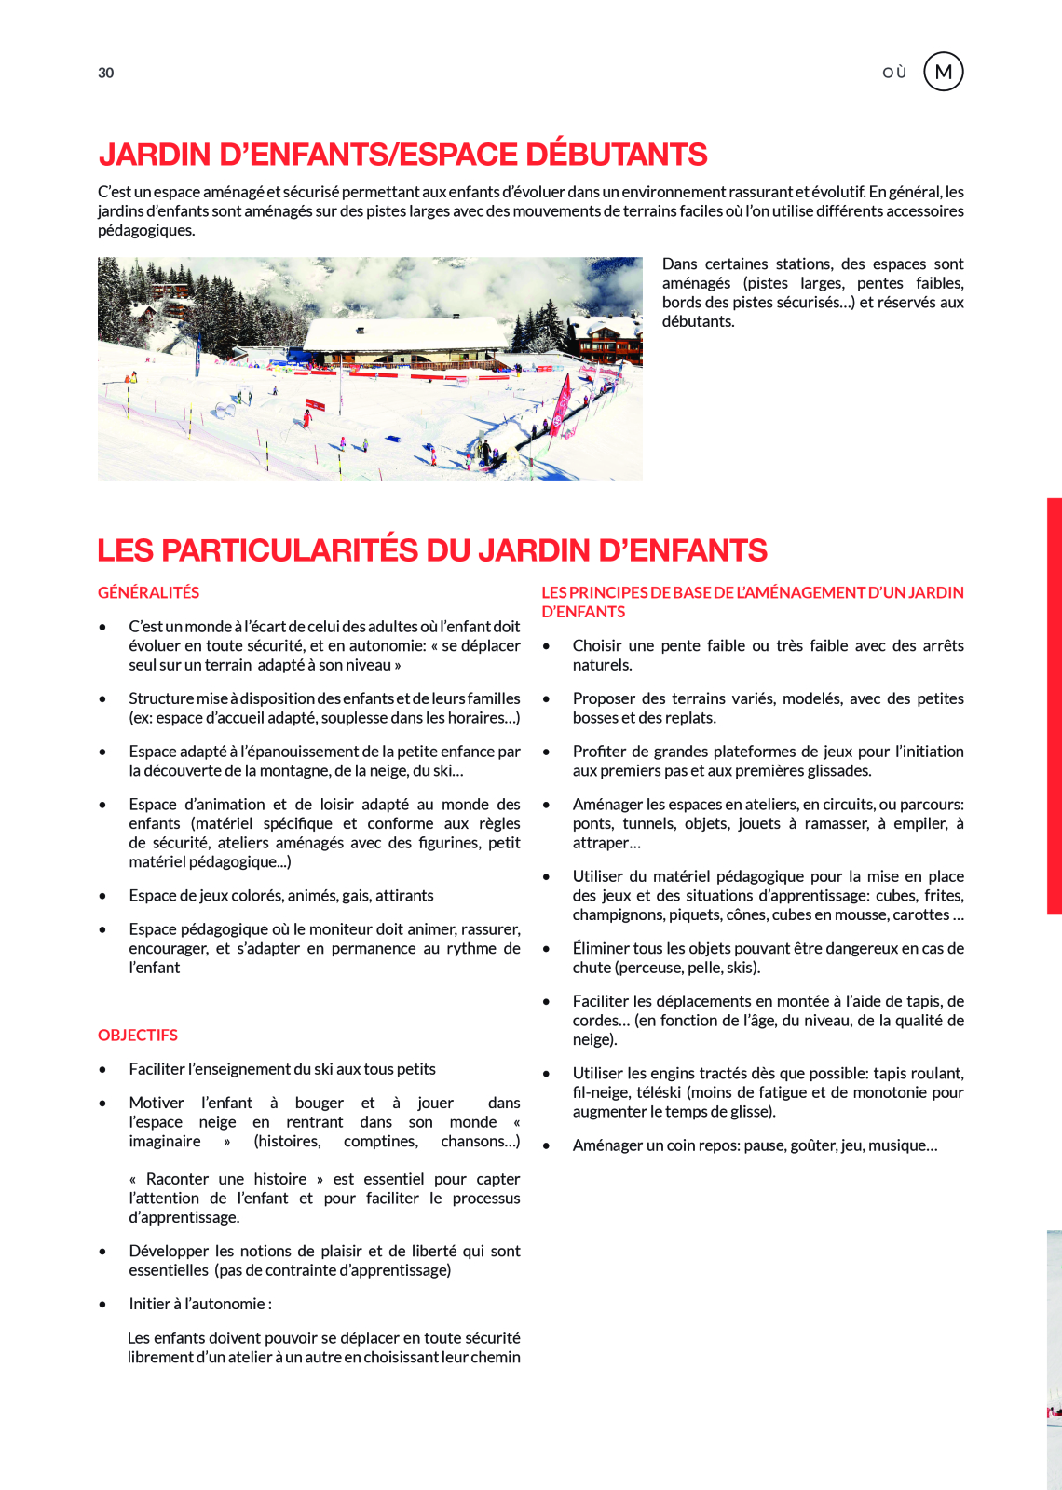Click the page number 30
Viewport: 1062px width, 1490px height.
click(x=106, y=73)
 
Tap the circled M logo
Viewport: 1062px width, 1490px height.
click(x=943, y=72)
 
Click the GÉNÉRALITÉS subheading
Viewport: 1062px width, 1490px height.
click(x=149, y=592)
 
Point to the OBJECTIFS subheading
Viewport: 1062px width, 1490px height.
click(x=138, y=1035)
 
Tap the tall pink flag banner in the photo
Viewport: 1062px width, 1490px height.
click(x=562, y=401)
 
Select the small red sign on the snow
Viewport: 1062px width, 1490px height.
click(x=315, y=405)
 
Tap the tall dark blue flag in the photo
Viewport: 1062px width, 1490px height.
click(x=197, y=353)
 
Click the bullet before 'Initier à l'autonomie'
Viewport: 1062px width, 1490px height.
click(x=102, y=1304)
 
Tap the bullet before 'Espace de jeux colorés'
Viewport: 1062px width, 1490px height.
click(x=102, y=896)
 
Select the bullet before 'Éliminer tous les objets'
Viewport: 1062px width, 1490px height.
click(x=547, y=949)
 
